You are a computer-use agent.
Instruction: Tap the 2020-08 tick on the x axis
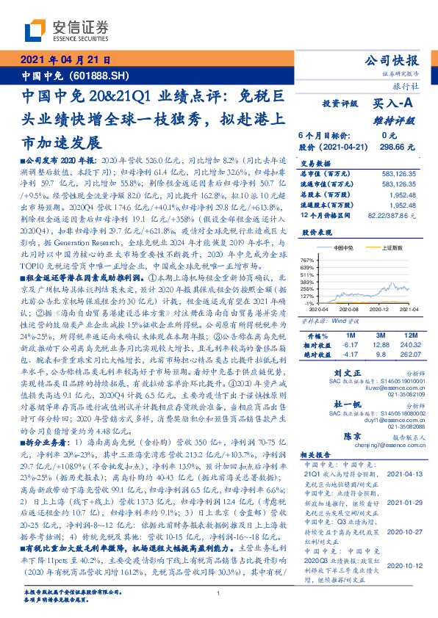tap(350, 310)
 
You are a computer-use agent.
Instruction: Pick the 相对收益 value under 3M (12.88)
tap(375, 344)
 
